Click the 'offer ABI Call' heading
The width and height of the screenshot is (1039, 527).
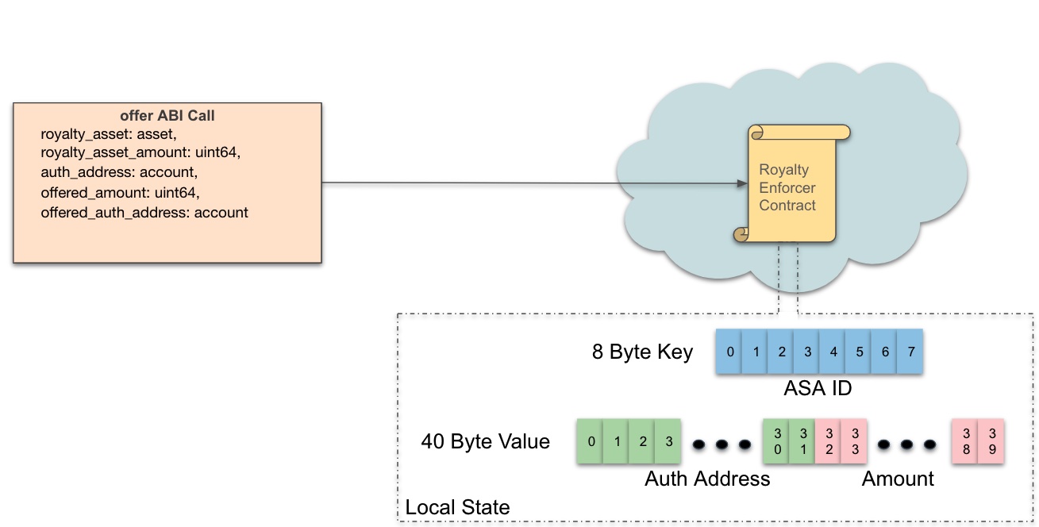pyautogui.click(x=167, y=116)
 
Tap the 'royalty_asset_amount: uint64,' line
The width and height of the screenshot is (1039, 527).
pyautogui.click(x=140, y=152)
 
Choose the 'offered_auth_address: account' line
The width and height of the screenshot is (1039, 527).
pyautogui.click(x=144, y=213)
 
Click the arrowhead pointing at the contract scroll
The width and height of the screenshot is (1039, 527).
pyautogui.click(x=742, y=183)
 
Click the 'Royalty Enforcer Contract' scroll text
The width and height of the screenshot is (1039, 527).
pyautogui.click(x=787, y=187)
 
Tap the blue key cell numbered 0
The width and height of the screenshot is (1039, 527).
pyautogui.click(x=729, y=352)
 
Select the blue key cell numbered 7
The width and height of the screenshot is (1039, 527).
pyautogui.click(x=910, y=352)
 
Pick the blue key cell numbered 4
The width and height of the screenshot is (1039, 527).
pyautogui.click(x=833, y=352)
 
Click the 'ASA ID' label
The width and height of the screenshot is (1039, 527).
pyautogui.click(x=818, y=389)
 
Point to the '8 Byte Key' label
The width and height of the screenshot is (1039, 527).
pyautogui.click(x=642, y=352)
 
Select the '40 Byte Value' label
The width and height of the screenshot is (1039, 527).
pyautogui.click(x=485, y=441)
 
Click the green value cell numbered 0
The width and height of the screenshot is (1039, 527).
pyautogui.click(x=590, y=441)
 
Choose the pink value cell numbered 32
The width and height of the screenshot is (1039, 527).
pyautogui.click(x=828, y=441)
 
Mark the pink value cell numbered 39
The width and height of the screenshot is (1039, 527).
pyautogui.click(x=991, y=441)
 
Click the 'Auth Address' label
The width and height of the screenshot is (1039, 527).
pyautogui.click(x=707, y=479)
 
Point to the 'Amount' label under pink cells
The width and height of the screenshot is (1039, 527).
pyautogui.click(x=898, y=479)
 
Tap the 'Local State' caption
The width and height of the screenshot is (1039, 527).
pyautogui.click(x=457, y=507)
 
